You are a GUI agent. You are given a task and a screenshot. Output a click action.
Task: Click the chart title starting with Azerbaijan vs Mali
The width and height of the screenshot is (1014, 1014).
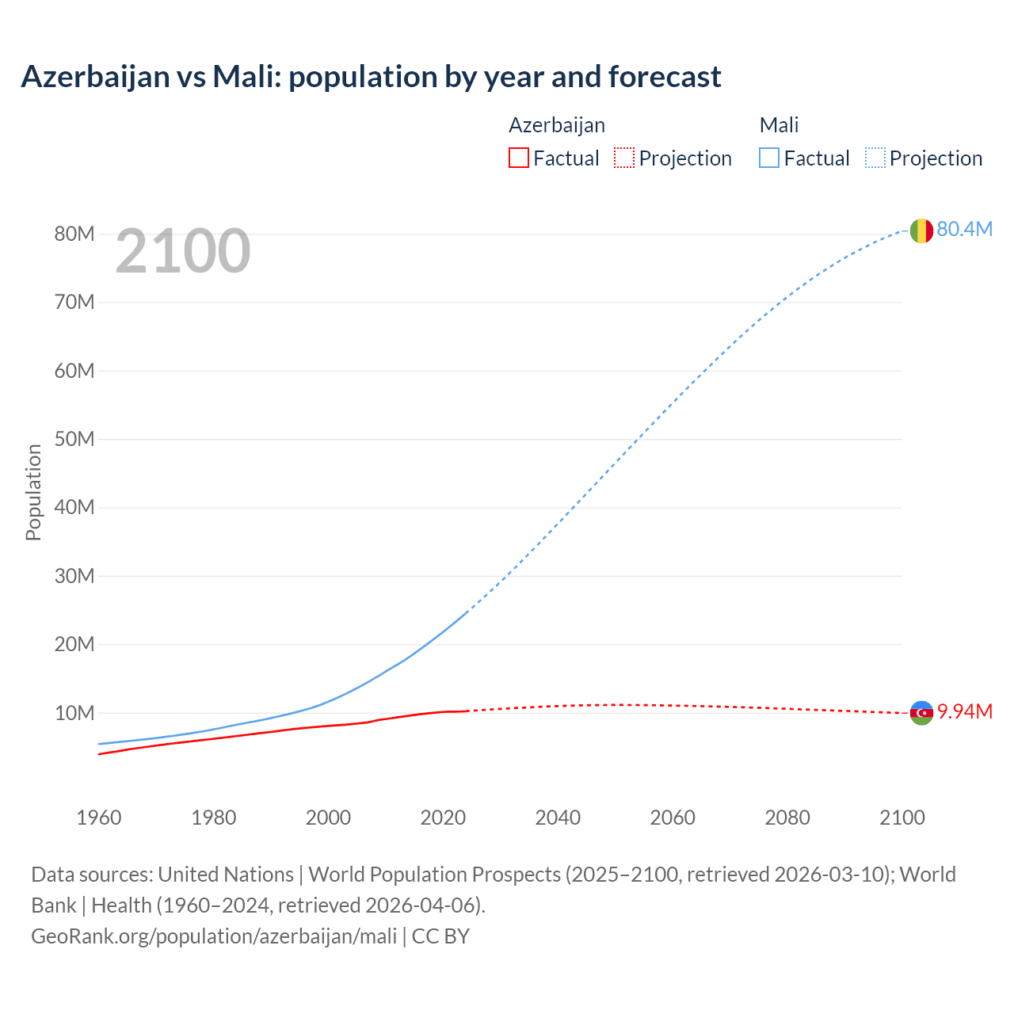click(x=371, y=77)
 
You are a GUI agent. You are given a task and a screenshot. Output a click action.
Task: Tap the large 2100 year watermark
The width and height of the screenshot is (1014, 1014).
click(x=183, y=251)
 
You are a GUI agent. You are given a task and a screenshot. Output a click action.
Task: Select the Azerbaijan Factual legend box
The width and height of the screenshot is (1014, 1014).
click(x=518, y=158)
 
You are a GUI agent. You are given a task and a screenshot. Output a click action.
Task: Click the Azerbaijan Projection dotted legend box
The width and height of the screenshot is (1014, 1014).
click(x=624, y=158)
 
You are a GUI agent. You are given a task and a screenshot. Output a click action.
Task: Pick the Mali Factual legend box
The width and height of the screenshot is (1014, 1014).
click(x=768, y=158)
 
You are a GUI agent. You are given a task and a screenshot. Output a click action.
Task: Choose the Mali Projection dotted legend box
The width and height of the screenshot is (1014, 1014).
click(x=875, y=158)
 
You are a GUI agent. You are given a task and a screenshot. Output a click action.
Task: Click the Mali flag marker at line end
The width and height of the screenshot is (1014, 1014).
click(x=921, y=231)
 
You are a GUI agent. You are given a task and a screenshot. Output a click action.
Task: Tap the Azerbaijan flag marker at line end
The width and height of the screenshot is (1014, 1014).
click(x=921, y=713)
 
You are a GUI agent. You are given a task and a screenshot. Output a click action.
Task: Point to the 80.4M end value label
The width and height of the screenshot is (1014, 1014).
click(x=964, y=229)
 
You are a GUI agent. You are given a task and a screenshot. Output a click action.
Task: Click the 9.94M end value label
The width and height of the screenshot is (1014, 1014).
click(x=965, y=711)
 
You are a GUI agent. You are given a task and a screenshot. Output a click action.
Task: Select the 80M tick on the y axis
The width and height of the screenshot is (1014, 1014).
click(x=74, y=234)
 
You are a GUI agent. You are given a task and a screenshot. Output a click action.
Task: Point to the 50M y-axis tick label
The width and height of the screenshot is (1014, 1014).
click(x=74, y=439)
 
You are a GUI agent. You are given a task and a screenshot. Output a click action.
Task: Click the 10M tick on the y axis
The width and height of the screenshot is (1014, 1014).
click(x=74, y=713)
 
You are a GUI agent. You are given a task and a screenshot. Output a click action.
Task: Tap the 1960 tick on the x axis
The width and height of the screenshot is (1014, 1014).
click(x=99, y=818)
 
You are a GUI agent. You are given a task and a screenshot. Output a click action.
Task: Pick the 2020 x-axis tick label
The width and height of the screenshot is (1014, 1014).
click(x=443, y=818)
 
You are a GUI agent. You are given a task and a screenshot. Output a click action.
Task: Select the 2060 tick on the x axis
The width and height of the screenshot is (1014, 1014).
click(x=673, y=818)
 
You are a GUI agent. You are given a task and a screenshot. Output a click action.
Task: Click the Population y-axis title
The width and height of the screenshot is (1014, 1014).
click(x=33, y=492)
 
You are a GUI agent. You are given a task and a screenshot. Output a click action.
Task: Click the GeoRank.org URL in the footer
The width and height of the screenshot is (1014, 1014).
click(x=214, y=936)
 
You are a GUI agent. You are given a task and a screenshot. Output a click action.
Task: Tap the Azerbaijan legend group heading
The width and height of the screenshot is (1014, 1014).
click(x=557, y=125)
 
